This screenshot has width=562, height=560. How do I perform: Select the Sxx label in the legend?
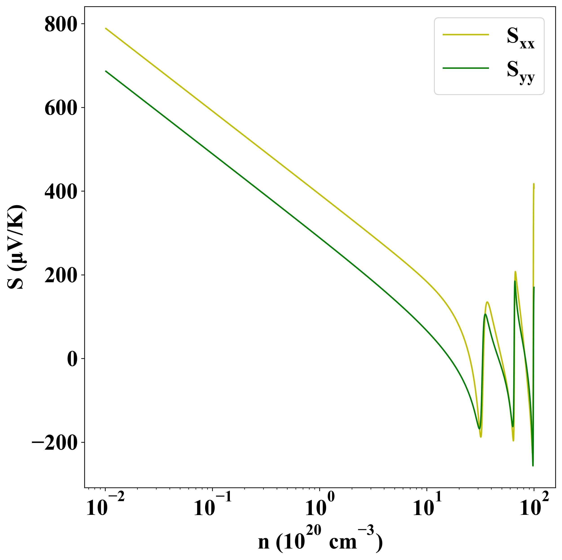pos(520,41)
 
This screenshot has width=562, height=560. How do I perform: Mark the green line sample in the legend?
pos(465,68)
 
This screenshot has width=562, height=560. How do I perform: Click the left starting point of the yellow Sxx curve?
pos(106,29)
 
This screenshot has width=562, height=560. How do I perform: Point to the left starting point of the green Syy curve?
pos(106,71)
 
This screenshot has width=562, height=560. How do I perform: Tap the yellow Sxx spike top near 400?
pos(534,184)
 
